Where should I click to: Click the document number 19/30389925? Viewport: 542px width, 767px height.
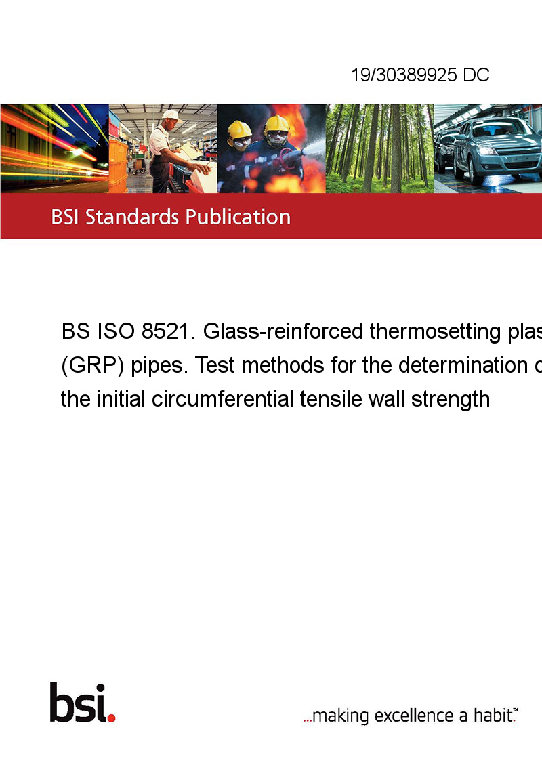pos(404,75)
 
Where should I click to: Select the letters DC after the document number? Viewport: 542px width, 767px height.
pos(476,75)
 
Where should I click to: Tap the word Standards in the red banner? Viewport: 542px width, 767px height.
pos(132,217)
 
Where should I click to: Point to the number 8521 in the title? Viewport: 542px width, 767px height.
pos(165,331)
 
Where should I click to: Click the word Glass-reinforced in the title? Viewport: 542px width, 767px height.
pos(283,331)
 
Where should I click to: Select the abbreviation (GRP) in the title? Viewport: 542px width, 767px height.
pos(92,365)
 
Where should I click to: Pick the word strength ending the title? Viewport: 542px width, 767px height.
pos(450,399)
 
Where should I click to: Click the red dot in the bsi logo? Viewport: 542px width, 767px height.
pos(111,718)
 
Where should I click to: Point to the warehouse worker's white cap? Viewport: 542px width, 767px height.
pos(171,115)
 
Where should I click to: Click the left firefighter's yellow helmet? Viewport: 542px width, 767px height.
pos(239,130)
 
